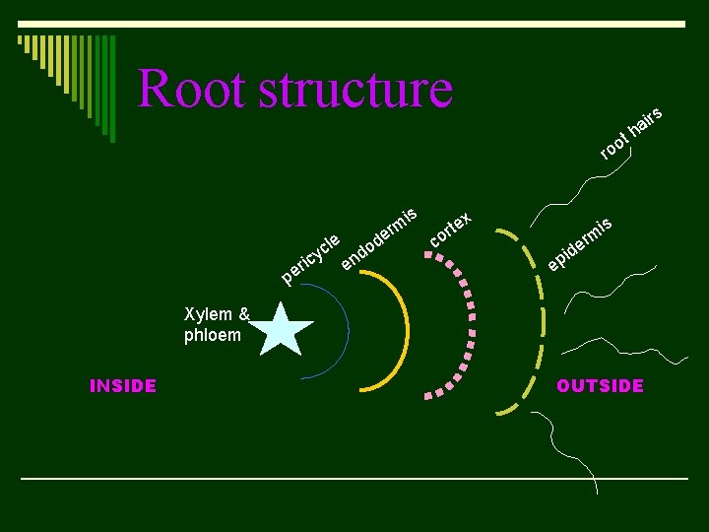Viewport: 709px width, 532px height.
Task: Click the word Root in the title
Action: click(x=192, y=89)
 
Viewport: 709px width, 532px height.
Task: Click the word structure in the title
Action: click(x=355, y=89)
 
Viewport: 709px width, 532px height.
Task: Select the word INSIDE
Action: click(x=123, y=386)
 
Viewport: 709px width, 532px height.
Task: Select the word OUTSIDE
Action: click(x=600, y=386)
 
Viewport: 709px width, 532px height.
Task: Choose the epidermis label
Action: click(x=580, y=242)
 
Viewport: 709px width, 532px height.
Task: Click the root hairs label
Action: click(x=630, y=132)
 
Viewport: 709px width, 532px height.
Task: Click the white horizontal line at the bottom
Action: click(x=354, y=479)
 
